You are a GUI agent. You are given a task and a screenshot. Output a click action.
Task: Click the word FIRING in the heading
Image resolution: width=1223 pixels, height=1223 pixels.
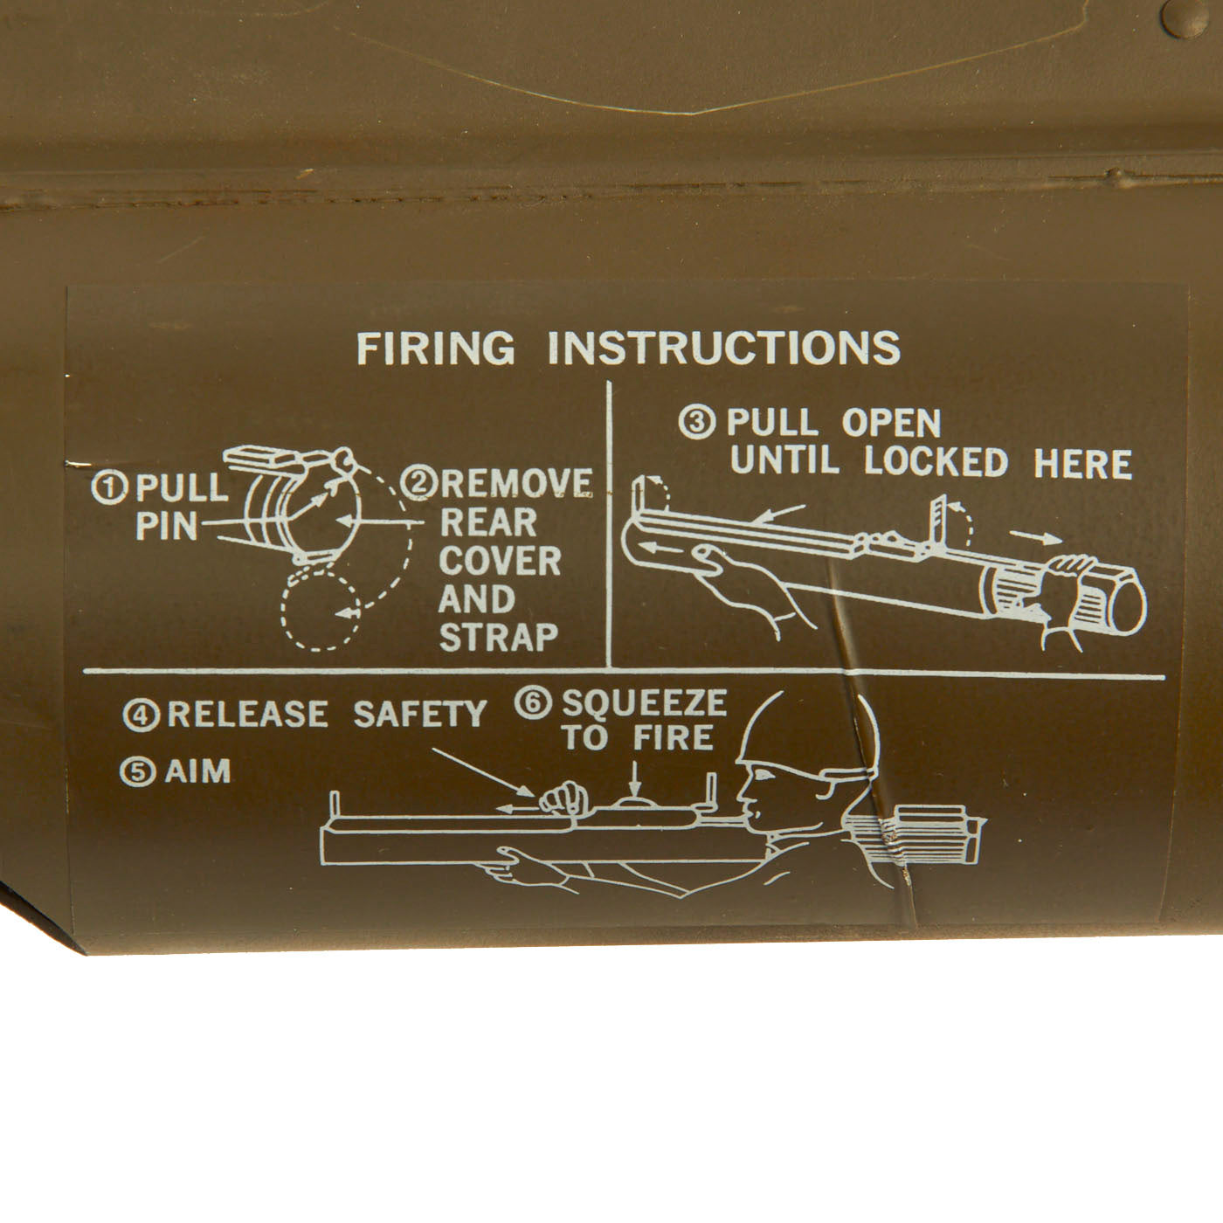(x=435, y=348)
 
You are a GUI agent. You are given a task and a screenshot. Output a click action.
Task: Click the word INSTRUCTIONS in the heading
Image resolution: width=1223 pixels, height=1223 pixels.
(x=724, y=348)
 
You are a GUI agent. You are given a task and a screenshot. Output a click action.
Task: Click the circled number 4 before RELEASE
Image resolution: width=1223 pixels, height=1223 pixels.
(x=142, y=715)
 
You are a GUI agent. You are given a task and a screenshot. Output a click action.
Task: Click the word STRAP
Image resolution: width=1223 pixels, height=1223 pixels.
(x=498, y=638)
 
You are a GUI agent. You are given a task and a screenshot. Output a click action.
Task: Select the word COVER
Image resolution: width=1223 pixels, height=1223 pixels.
(x=499, y=561)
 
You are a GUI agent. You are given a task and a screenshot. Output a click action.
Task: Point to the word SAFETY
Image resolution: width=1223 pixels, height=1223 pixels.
(x=419, y=715)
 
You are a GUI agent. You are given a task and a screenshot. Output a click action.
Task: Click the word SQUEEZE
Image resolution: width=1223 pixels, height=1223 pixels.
(x=644, y=702)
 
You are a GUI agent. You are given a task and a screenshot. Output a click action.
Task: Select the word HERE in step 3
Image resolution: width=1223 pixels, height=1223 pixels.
(x=1082, y=463)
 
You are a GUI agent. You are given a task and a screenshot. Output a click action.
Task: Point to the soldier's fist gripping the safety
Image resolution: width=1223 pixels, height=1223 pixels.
(x=559, y=798)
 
